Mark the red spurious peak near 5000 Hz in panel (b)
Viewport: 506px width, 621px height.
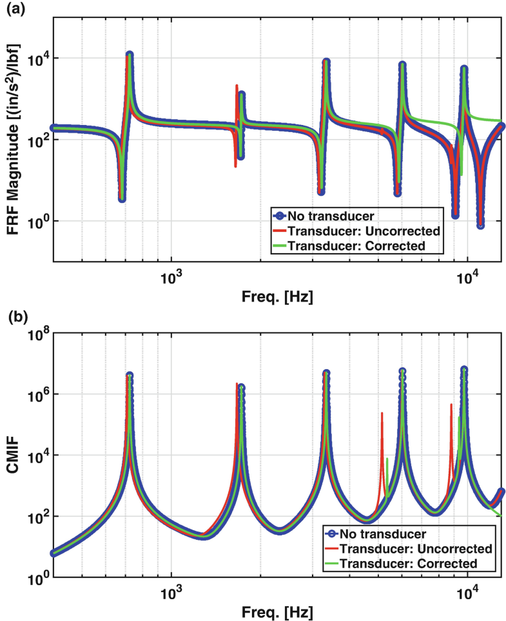point(382,414)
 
